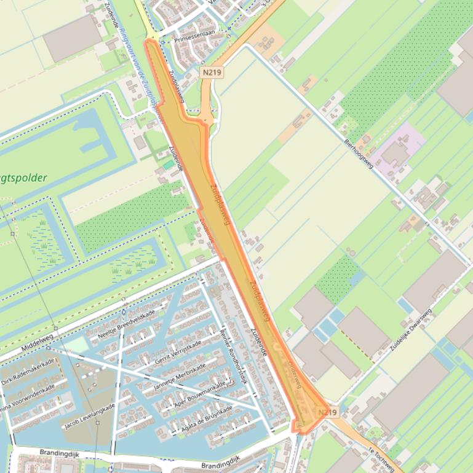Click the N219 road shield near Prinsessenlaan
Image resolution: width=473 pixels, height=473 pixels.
point(212,72)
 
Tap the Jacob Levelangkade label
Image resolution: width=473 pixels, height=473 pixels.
point(89,416)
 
